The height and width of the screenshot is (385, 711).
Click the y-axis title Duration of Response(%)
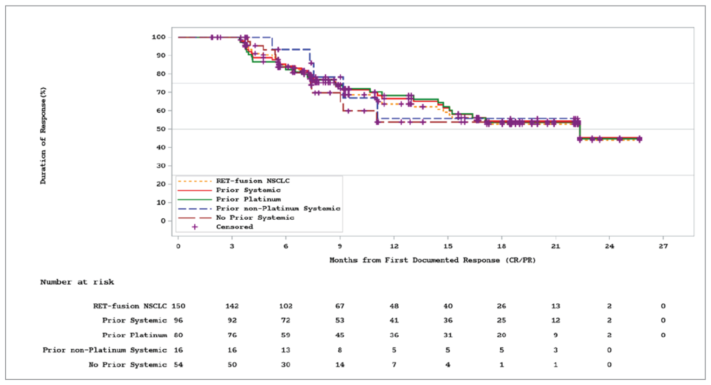(43, 136)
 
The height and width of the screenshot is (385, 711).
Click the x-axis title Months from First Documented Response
(432, 260)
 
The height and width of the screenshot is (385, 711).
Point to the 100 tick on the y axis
(158, 37)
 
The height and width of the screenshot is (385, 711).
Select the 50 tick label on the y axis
(160, 129)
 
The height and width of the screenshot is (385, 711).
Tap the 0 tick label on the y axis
(163, 221)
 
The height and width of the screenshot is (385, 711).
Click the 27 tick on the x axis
(663, 246)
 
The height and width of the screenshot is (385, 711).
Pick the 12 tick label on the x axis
(394, 246)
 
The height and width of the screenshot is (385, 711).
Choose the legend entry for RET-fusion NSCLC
(252, 181)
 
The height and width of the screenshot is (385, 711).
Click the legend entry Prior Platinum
(248, 199)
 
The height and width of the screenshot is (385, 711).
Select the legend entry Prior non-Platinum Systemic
(278, 209)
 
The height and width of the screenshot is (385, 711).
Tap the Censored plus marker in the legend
(195, 227)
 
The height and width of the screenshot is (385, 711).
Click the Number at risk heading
(77, 282)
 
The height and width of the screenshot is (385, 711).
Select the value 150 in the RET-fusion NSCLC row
(178, 306)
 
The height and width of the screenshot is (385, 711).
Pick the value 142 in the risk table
(232, 306)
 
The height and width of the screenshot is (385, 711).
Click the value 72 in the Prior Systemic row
(286, 320)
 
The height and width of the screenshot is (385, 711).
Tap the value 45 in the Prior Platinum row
(340, 335)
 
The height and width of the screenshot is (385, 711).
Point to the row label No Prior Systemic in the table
(127, 365)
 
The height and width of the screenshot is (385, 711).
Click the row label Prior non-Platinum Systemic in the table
(105, 350)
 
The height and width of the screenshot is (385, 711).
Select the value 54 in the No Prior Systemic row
(178, 365)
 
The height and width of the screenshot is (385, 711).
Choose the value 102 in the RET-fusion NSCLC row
(286, 306)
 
